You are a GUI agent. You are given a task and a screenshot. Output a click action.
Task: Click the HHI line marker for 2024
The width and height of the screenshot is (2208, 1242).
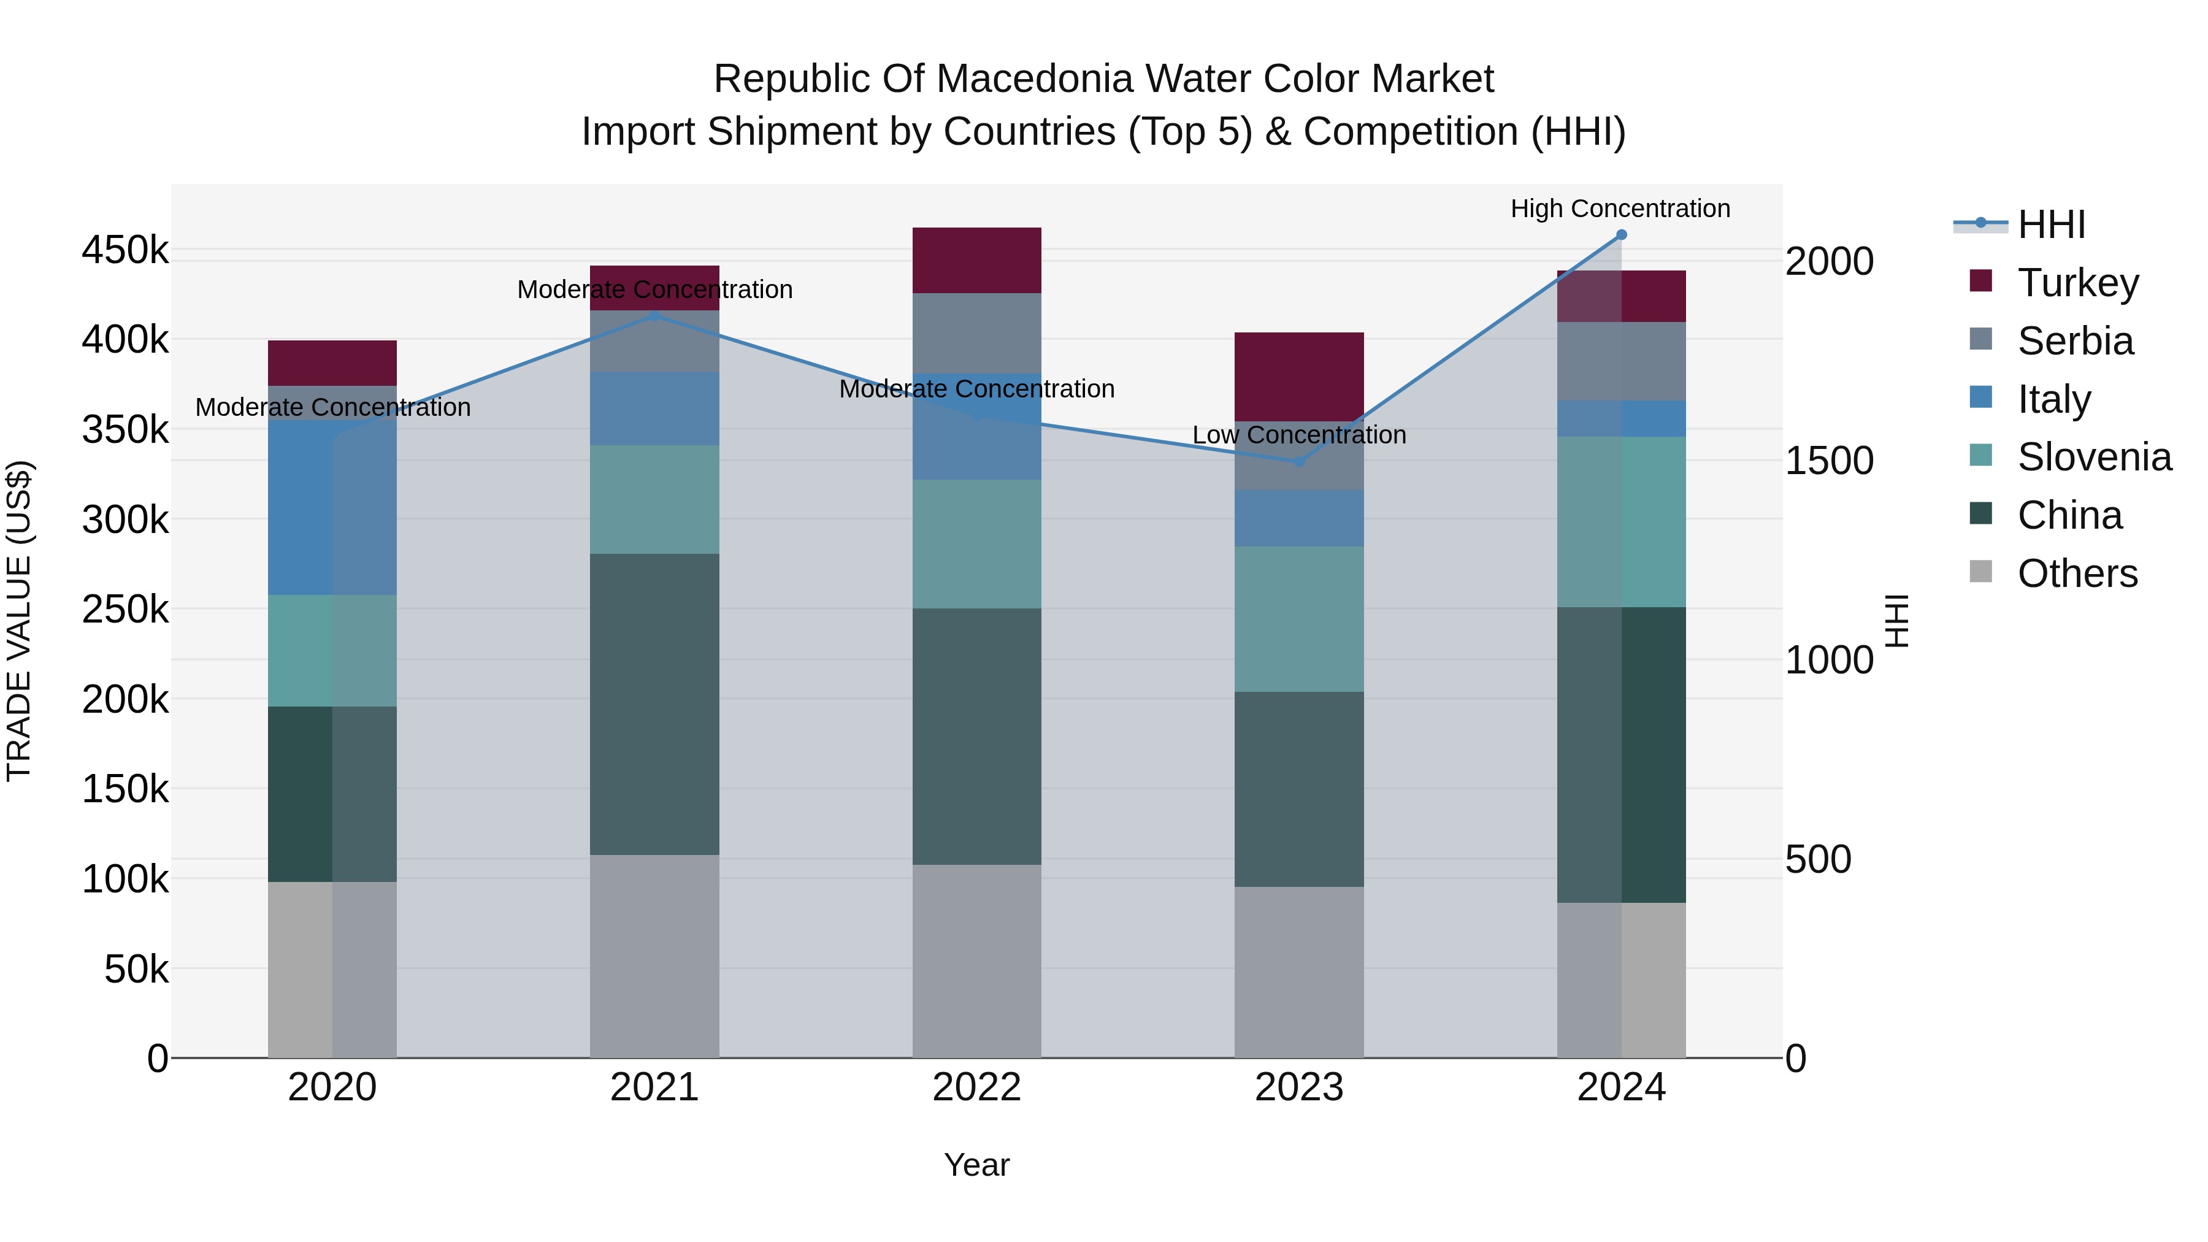click(x=1621, y=235)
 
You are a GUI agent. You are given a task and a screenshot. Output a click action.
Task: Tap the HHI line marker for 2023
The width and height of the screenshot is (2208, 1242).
click(x=1298, y=462)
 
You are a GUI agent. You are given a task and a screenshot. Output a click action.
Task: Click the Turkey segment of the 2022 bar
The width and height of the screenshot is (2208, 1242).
click(x=976, y=261)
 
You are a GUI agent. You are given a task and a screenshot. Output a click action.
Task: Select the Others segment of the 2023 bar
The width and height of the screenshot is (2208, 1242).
click(x=1298, y=972)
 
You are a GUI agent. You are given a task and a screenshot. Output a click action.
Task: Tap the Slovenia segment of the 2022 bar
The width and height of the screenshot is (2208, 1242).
click(x=976, y=544)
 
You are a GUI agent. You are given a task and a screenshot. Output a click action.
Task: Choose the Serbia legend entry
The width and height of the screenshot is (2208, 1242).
click(x=2074, y=341)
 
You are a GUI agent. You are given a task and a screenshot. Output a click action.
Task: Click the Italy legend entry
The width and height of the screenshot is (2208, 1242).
click(x=2053, y=399)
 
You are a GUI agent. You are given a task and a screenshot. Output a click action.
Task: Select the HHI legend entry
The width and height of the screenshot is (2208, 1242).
click(x=2050, y=224)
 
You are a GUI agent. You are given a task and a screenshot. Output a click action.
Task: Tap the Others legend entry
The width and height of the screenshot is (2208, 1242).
click(x=2077, y=573)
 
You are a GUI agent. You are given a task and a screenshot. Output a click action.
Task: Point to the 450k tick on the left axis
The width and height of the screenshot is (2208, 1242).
click(x=125, y=251)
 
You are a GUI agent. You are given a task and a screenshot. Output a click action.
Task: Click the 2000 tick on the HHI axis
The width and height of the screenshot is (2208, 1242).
click(x=1829, y=261)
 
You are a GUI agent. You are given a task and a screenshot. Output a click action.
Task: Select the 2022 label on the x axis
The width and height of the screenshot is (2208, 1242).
click(x=976, y=1087)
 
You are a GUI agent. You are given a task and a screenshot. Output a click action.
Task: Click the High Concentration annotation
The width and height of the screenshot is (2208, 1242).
click(x=1620, y=209)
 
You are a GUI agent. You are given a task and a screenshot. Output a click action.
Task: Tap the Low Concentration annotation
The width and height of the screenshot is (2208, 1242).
click(x=1298, y=435)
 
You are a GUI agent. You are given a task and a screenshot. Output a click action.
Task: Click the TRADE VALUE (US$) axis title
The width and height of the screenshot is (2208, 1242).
click(x=19, y=621)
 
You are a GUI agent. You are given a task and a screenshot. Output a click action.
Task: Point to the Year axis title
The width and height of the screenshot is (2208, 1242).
click(x=976, y=1165)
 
